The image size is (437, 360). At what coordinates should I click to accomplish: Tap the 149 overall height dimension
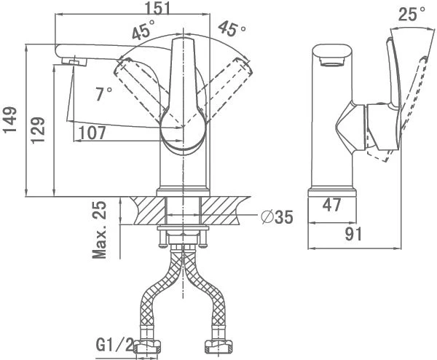pyautogui.click(x=10, y=120)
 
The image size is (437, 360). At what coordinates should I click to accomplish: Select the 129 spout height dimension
pyautogui.click(x=38, y=130)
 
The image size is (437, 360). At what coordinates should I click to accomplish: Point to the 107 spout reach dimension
pyautogui.click(x=92, y=133)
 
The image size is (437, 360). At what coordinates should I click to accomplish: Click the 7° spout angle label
pyautogui.click(x=103, y=94)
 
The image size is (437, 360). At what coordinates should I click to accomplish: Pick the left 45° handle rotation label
pyautogui.click(x=143, y=29)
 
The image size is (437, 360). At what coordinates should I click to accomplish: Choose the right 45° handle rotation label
pyautogui.click(x=232, y=28)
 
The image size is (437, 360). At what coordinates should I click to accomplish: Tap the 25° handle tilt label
pyautogui.click(x=412, y=14)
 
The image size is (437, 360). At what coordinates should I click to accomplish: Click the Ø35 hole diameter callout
pyautogui.click(x=277, y=217)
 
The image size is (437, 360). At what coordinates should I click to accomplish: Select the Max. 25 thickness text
pyautogui.click(x=100, y=230)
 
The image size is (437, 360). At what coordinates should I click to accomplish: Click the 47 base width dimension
pyautogui.click(x=331, y=205)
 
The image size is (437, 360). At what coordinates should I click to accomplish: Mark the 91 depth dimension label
pyautogui.click(x=353, y=234)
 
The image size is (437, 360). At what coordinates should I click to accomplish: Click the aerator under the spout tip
pyautogui.click(x=74, y=61)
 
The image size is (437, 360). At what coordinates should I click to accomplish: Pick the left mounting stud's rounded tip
pyautogui.click(x=162, y=246)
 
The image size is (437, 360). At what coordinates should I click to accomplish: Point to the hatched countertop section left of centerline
pyautogui.click(x=149, y=211)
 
